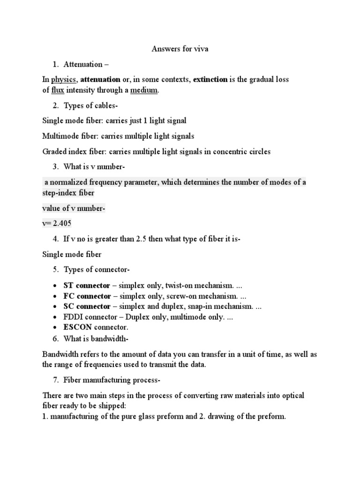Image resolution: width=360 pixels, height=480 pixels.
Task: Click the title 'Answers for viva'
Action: [x=180, y=49]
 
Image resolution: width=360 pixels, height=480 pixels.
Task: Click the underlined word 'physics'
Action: [x=64, y=80]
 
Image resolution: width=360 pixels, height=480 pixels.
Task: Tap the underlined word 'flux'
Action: [x=57, y=90]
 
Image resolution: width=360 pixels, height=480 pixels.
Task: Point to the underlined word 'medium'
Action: [x=144, y=90]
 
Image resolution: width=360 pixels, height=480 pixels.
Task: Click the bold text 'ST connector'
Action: [x=87, y=285]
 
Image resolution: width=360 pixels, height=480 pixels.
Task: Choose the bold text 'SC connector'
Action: [x=87, y=307]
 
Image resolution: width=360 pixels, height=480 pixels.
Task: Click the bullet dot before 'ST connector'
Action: [x=55, y=285]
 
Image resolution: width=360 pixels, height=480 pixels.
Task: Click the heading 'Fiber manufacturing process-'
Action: [x=112, y=379]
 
